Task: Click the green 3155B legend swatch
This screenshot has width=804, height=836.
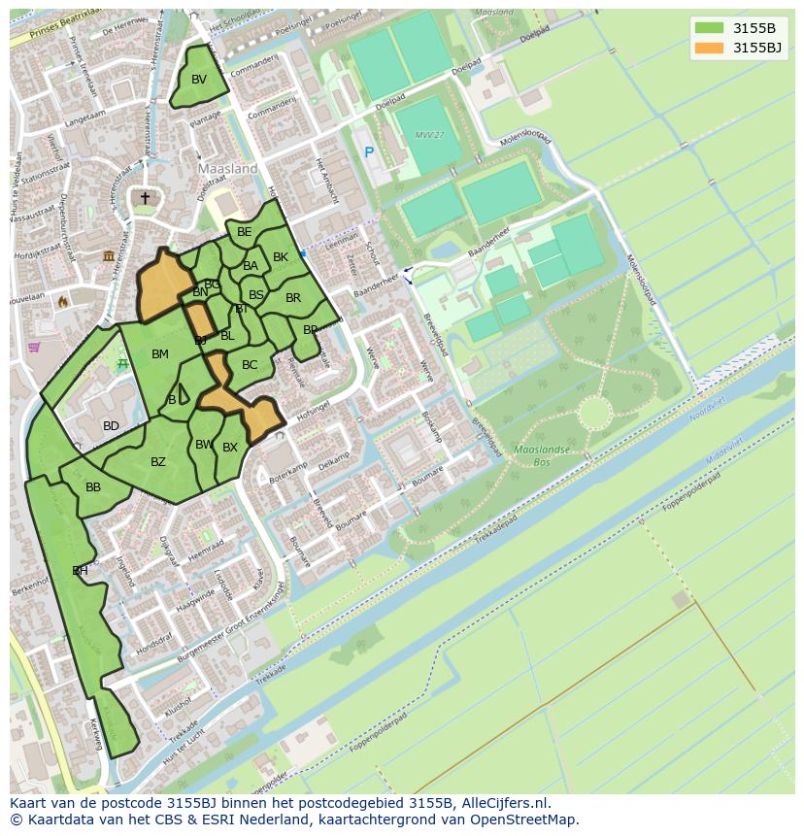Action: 709,27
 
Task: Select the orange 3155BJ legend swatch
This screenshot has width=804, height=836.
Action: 709,47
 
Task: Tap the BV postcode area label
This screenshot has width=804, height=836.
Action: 199,80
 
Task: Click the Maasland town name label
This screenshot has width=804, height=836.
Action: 228,168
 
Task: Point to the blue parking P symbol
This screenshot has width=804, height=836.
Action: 369,152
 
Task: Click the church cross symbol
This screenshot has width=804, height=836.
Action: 146,198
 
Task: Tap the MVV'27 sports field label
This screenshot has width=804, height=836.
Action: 427,135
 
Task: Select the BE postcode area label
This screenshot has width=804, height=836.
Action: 245,231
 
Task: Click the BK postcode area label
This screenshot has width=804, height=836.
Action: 281,257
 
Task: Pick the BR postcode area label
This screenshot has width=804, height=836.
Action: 293,298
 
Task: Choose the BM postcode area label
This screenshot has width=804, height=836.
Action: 160,354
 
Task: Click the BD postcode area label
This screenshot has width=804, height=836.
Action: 112,426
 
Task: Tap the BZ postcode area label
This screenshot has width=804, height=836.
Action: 158,462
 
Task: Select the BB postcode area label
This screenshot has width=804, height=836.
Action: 93,487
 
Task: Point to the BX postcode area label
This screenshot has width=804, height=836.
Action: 230,448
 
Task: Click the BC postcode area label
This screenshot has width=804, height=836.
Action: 250,365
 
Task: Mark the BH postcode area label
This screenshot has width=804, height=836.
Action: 80,571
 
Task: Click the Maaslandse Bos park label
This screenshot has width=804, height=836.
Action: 534,456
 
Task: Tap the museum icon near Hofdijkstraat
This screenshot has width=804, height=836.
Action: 109,254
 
